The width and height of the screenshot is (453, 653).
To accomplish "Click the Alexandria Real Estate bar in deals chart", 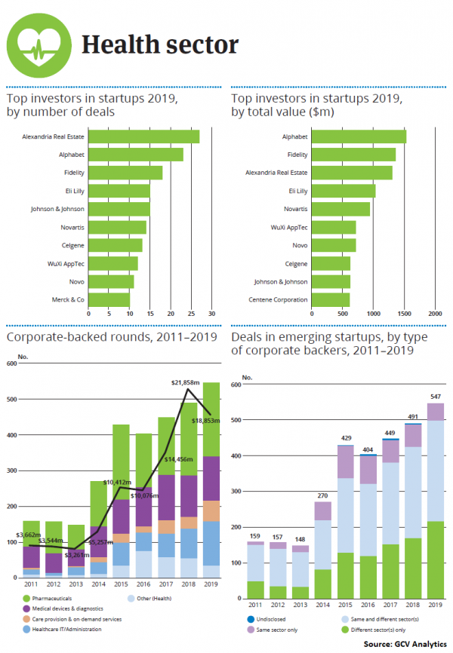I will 143,136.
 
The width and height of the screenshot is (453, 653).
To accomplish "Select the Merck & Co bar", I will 109,300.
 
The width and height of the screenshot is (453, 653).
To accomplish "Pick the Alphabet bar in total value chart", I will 359,136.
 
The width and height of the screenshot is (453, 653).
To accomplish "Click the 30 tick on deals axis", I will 212,313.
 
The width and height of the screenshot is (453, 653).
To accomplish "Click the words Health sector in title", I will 160,45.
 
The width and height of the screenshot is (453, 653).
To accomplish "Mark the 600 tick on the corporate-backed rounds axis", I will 11,364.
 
